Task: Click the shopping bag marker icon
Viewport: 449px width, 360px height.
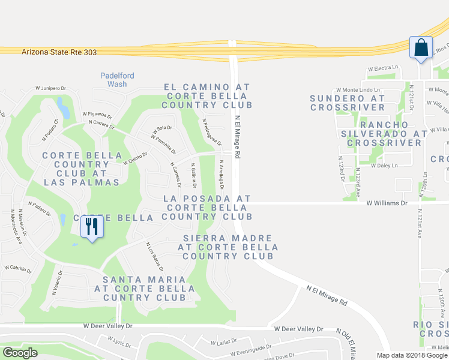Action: click(421, 47)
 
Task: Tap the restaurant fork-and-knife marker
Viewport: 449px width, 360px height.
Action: click(92, 227)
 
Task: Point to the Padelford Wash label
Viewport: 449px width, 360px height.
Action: click(117, 80)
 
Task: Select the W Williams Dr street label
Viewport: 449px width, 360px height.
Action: click(387, 203)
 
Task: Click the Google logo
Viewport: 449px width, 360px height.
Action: click(20, 353)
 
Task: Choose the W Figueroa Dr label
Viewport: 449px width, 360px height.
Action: click(98, 114)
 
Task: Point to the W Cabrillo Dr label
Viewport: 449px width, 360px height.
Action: click(17, 269)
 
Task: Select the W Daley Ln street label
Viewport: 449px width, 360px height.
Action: click(384, 166)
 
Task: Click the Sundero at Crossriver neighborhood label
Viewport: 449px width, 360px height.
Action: click(348, 103)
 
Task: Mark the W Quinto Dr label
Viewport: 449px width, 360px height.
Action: click(135, 158)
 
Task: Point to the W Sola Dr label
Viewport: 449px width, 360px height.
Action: click(161, 128)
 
